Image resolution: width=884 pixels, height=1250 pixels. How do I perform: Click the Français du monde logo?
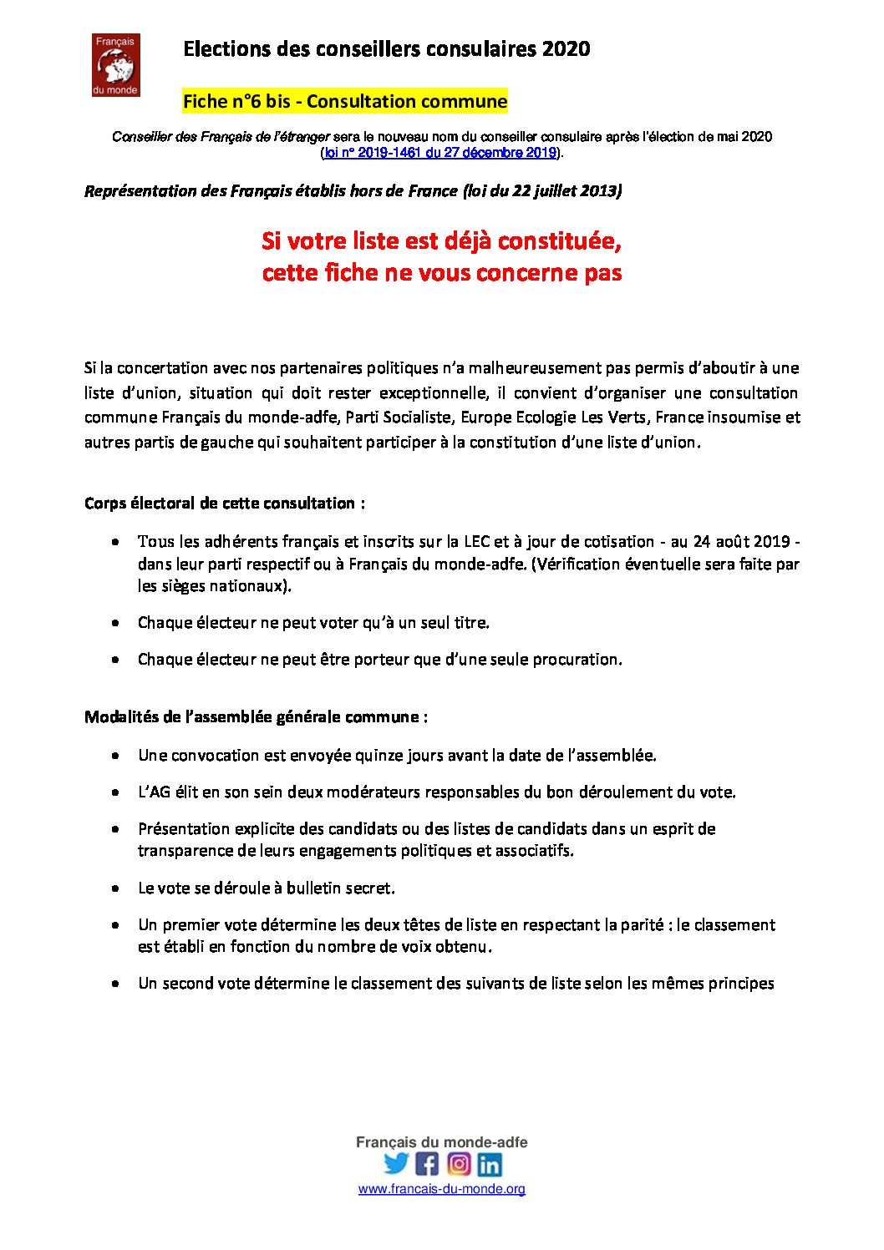coord(115,65)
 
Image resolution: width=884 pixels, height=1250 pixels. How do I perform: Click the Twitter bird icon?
coord(396,1163)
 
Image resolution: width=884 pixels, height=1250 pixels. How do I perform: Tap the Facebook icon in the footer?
coord(427,1163)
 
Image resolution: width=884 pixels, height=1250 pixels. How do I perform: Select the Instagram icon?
coord(459,1163)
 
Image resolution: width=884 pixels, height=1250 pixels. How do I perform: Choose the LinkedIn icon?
coord(490,1163)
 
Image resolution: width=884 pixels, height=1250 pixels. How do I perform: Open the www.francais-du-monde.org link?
coord(441,1189)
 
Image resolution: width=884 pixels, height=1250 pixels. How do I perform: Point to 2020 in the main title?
coord(566,49)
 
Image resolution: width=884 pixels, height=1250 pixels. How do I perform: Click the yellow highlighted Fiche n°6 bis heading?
coord(345,102)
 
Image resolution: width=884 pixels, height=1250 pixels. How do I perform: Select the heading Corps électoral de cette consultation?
coord(224,504)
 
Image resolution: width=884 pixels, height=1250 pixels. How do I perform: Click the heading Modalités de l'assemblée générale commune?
coord(256,717)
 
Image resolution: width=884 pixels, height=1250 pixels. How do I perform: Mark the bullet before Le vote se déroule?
coord(115,888)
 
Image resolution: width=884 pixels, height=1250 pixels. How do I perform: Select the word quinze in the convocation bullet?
coord(378,755)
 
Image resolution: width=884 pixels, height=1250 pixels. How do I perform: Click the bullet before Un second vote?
coord(115,984)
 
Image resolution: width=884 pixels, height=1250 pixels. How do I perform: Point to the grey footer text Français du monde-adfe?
coord(441,1142)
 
